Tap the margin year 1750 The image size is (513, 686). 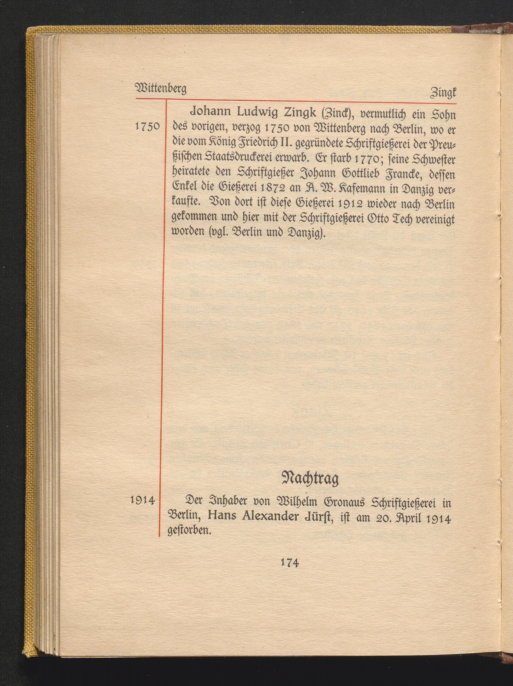coord(148,127)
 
